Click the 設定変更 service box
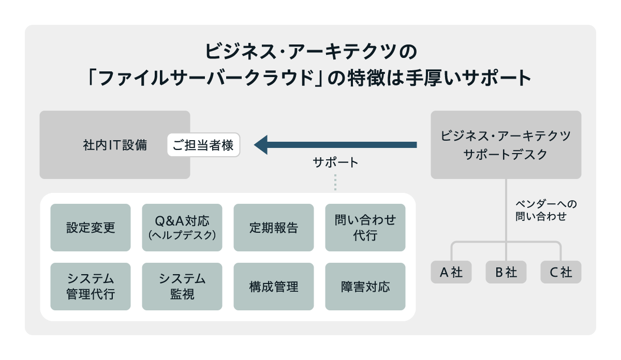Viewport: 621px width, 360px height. (91, 228)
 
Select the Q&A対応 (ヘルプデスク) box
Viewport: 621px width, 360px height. (182, 228)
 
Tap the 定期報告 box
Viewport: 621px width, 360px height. (274, 228)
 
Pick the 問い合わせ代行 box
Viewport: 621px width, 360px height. (365, 228)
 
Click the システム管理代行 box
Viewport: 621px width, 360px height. (91, 287)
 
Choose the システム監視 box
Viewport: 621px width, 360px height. (182, 287)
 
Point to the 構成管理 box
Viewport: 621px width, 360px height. (274, 287)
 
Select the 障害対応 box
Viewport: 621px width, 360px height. (365, 287)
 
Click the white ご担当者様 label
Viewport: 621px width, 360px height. (203, 145)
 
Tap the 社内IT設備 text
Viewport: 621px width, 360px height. (115, 145)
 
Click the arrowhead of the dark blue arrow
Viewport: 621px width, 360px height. (261, 145)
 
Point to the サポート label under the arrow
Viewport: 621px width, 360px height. (335, 162)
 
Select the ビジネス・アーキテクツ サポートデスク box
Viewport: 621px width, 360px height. (506, 145)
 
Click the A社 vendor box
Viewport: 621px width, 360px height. (451, 272)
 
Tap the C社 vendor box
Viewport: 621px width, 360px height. (561, 272)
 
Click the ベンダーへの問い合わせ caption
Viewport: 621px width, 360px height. (545, 210)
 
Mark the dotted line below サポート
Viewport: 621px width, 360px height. (335, 183)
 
